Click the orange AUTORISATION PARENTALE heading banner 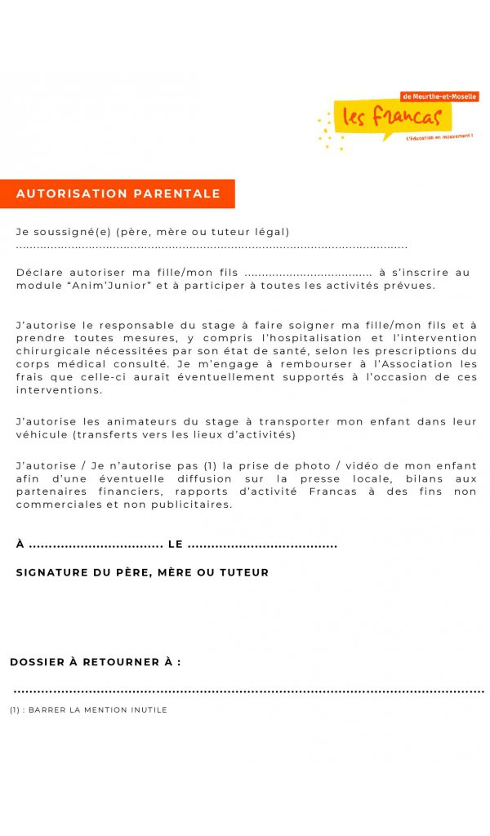118,193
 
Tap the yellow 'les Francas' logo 392,117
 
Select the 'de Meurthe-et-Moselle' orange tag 440,96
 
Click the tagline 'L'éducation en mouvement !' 439,136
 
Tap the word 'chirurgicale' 50,351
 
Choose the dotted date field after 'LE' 262,545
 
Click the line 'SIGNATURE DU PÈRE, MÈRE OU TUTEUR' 142,573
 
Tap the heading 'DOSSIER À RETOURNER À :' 96,662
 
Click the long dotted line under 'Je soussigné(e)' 212,247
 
